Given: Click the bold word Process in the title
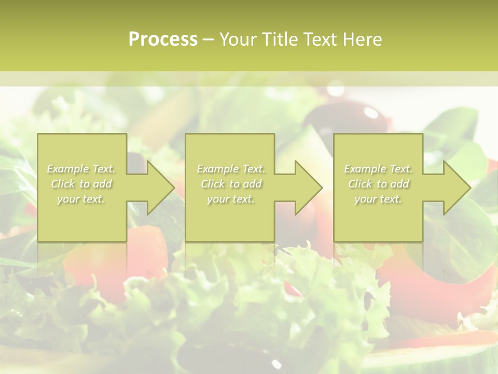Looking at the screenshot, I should point(163,39).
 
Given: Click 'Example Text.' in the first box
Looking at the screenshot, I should point(81,169).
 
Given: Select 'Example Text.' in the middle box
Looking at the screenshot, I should point(231,169).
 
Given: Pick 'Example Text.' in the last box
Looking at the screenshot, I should point(378,169).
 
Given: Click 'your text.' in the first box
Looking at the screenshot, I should point(80,199).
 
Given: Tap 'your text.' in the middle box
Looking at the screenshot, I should point(230,199).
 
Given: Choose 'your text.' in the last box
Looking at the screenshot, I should point(378,199).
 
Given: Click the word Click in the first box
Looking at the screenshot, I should point(62,184).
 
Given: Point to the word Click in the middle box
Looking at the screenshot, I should point(212,184).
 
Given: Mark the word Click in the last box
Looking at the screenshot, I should point(359,184).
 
